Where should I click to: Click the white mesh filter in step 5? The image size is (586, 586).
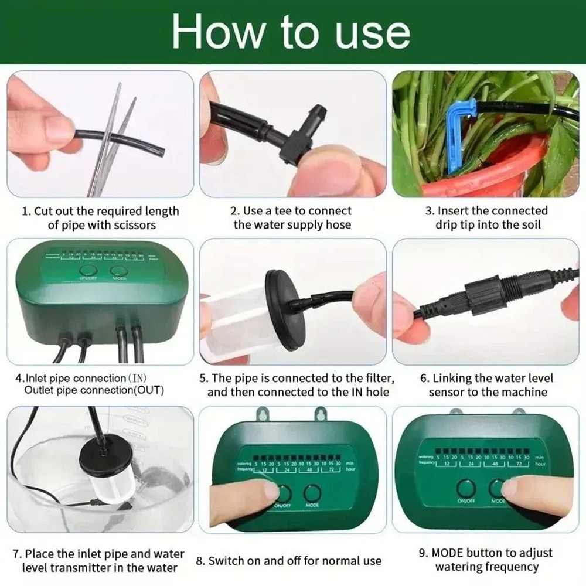click(x=231, y=319)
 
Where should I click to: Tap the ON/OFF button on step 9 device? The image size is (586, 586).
click(x=466, y=488)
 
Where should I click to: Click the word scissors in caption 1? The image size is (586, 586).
click(x=133, y=225)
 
